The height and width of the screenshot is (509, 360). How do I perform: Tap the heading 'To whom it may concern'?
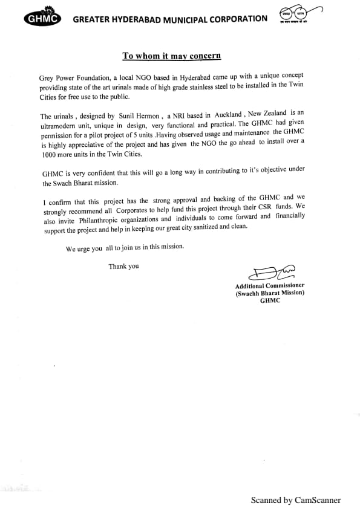[172, 56]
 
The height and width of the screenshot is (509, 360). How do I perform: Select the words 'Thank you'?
[123, 266]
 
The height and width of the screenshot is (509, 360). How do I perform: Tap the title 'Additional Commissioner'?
[270, 285]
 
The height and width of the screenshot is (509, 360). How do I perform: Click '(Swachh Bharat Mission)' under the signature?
[270, 293]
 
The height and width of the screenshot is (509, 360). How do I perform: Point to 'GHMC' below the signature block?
[270, 300]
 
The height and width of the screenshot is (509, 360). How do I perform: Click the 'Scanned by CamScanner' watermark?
[296, 500]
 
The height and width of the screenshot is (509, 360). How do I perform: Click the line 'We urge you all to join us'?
[125, 248]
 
